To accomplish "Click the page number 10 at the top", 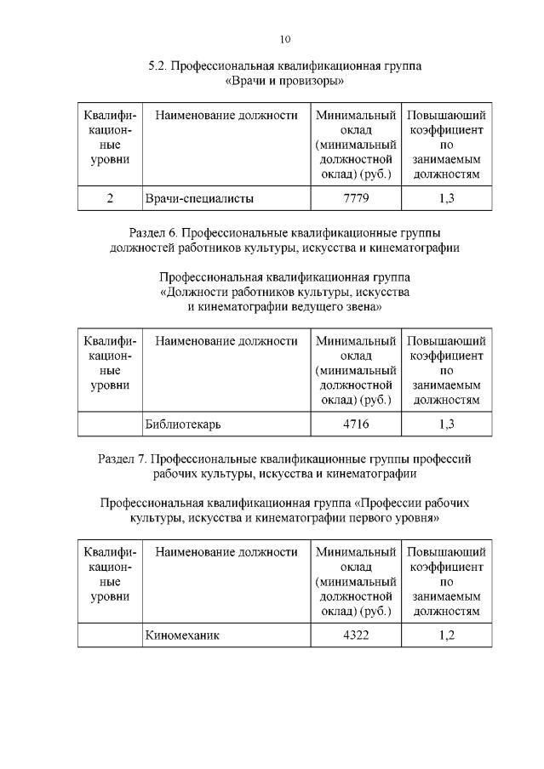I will [285, 38].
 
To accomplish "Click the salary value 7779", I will [356, 199].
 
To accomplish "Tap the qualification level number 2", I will [111, 199].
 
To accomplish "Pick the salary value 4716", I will [356, 423].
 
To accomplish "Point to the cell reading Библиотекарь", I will [182, 423].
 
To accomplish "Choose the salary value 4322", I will [356, 635].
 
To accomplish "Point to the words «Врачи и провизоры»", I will [285, 82].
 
